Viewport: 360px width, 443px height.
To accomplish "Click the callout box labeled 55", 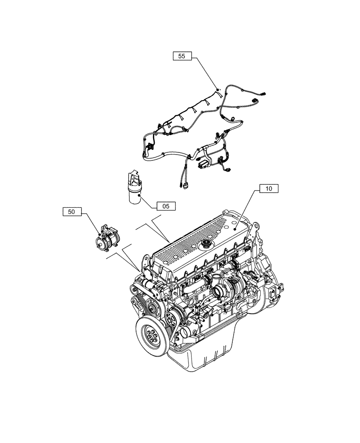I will coord(182,56).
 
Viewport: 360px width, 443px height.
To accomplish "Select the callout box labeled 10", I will coord(269,189).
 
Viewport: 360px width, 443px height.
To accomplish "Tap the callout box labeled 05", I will coord(166,206).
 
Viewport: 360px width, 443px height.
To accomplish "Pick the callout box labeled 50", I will coord(72,212).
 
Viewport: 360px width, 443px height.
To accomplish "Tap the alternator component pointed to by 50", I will coord(107,239).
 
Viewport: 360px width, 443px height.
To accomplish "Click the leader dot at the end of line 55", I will coord(218,90).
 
